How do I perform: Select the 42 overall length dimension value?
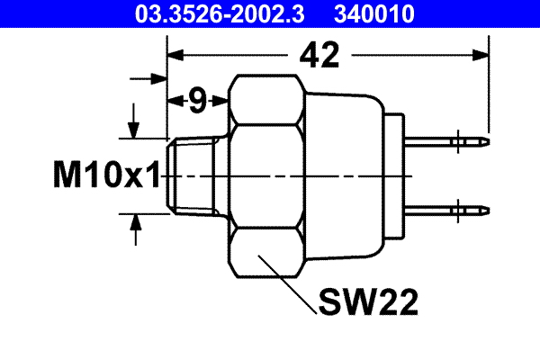click(x=319, y=56)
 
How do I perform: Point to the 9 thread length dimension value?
click(x=196, y=101)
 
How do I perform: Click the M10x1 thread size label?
click(x=105, y=175)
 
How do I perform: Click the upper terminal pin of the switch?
click(x=450, y=141)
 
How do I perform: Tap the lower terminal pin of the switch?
click(x=450, y=210)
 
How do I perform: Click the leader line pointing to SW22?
click(x=286, y=283)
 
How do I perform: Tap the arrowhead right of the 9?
click(x=220, y=101)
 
